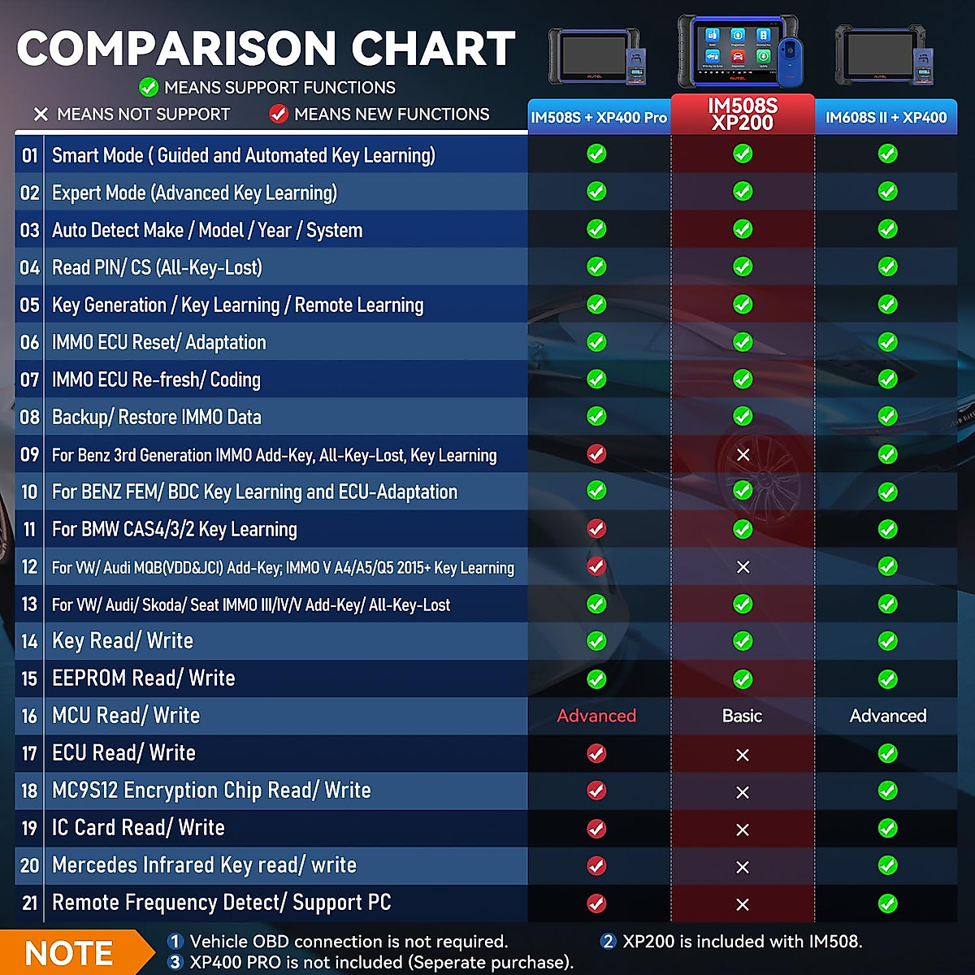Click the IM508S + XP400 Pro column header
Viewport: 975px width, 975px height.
click(x=599, y=118)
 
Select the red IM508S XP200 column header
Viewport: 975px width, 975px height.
click(x=743, y=115)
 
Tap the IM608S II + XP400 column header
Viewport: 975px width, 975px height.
click(x=886, y=118)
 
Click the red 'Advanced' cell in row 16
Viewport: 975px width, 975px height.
click(x=596, y=716)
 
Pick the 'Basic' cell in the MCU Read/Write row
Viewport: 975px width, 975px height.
click(x=742, y=716)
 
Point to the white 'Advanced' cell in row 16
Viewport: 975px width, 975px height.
click(x=887, y=716)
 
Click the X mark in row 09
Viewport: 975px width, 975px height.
click(x=743, y=455)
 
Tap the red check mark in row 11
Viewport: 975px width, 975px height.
click(x=596, y=529)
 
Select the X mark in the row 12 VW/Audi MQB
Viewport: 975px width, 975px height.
click(x=743, y=567)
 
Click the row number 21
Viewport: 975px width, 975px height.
click(x=30, y=903)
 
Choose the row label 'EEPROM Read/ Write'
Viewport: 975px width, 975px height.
click(x=143, y=678)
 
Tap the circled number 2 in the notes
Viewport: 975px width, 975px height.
click(x=608, y=941)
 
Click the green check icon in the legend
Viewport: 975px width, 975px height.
click(x=148, y=87)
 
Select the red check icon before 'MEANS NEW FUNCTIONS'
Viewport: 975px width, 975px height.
click(x=279, y=114)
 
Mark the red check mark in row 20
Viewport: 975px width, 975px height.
click(x=596, y=865)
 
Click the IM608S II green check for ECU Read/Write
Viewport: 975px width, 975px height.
click(x=887, y=753)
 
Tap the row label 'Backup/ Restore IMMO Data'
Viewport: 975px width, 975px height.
click(x=156, y=417)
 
